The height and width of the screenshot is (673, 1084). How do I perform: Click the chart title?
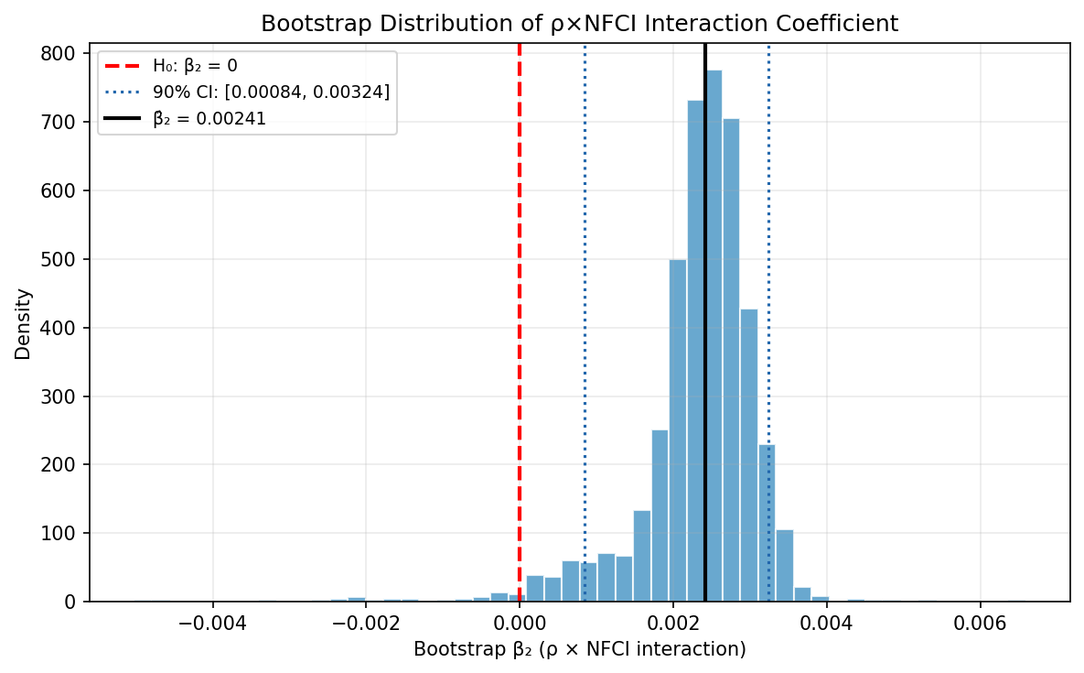click(580, 24)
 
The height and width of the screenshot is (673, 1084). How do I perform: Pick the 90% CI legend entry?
click(271, 92)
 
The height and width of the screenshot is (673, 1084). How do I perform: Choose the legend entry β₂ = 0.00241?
click(209, 119)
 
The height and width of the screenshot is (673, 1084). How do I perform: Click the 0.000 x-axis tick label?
click(520, 624)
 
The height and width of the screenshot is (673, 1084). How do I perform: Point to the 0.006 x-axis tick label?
click(981, 624)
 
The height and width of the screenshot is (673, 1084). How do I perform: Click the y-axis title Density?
click(23, 323)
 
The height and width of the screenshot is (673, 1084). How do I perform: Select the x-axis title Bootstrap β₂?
click(580, 650)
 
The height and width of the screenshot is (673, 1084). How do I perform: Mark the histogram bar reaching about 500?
click(678, 430)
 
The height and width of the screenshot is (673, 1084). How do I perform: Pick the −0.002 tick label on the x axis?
click(367, 624)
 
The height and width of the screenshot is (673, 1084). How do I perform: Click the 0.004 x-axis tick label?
click(827, 624)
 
